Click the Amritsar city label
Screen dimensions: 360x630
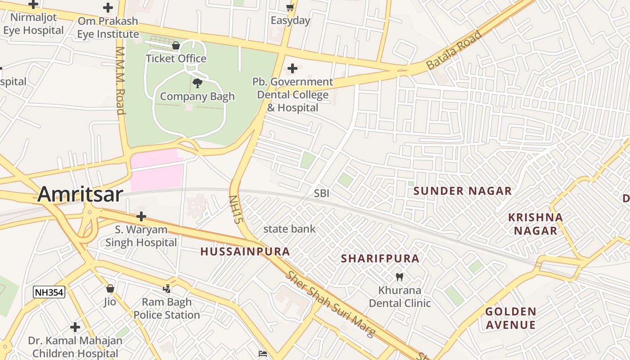(x=80, y=194)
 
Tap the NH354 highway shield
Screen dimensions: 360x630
(x=49, y=292)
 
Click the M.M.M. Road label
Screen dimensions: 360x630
(x=120, y=80)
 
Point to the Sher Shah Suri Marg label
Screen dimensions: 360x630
(x=331, y=304)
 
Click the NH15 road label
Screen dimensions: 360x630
(x=235, y=209)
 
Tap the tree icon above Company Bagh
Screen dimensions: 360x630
(x=197, y=83)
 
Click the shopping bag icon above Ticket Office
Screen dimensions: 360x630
(x=176, y=45)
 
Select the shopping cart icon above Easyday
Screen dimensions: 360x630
(x=290, y=7)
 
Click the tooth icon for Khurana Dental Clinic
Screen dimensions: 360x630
(x=399, y=277)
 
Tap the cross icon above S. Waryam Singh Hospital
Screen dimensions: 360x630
(x=141, y=216)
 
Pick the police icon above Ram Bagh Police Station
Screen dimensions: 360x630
(x=167, y=288)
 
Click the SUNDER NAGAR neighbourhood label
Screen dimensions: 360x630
(x=463, y=191)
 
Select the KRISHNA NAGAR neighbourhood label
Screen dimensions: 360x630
(x=535, y=224)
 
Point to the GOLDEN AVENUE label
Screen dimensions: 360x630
(x=510, y=318)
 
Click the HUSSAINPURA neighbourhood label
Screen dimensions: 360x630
(x=245, y=252)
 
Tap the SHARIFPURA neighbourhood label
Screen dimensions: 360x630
(x=380, y=259)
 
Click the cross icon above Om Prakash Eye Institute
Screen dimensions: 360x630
(x=108, y=8)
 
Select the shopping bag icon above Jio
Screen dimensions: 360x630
(x=110, y=288)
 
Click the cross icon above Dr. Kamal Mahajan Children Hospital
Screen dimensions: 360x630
(x=75, y=327)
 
